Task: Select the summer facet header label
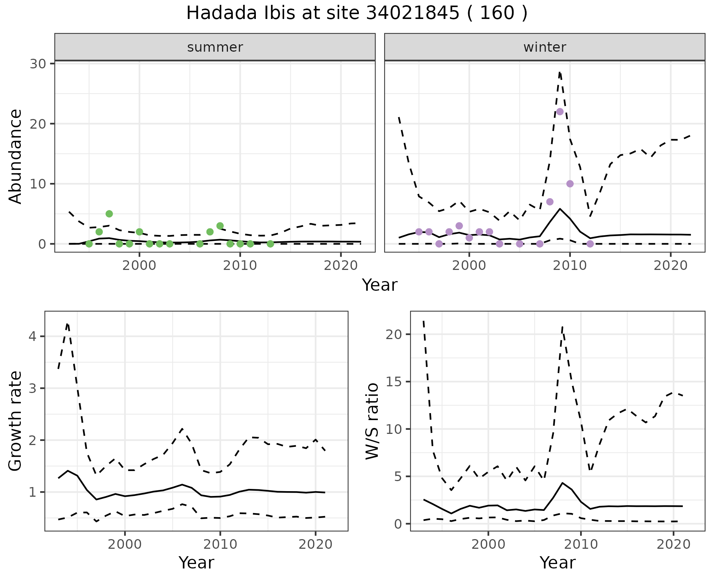coord(215,47)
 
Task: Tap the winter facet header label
coord(544,47)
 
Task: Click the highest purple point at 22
coord(560,112)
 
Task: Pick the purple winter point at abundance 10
coord(570,184)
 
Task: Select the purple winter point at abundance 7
coord(550,202)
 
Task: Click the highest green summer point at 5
coord(109,214)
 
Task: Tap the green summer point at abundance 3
coord(220,226)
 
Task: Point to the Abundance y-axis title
coord(16,156)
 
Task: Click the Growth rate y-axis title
coord(16,421)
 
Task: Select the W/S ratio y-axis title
coord(372,421)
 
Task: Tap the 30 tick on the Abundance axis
coord(38,64)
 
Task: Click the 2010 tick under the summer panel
coord(240,265)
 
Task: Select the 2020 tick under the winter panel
coord(670,265)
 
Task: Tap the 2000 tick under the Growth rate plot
coord(125,544)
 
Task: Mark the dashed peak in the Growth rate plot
coord(67,324)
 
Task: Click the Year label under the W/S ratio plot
coord(557,563)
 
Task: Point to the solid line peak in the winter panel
coord(560,209)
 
